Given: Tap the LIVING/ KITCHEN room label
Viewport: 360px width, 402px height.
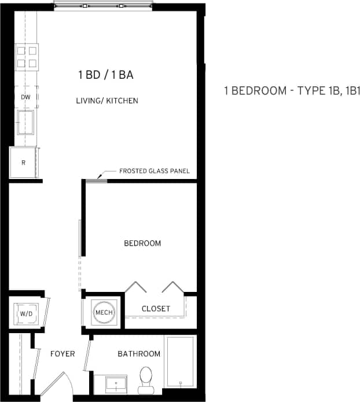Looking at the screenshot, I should [x=107, y=101].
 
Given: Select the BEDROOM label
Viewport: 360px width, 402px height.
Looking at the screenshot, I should [x=142, y=243].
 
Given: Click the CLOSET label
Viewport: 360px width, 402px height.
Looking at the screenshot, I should [x=156, y=309].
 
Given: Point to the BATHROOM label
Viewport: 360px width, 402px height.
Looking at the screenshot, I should [x=139, y=353].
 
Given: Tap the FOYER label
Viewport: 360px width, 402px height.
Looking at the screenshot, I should [x=62, y=353].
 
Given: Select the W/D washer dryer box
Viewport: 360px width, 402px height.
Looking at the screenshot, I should [x=27, y=314].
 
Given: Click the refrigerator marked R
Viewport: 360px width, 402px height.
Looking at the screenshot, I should [x=23, y=163].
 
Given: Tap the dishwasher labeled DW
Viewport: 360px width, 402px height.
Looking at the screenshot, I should [x=25, y=97].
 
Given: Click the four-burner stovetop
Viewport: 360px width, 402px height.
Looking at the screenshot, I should [x=26, y=56].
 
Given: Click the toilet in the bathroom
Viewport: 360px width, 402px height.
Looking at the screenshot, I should [x=146, y=377].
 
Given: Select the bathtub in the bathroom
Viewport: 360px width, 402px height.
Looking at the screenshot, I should [x=180, y=361].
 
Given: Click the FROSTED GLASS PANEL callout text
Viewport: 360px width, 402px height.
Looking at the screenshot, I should [x=154, y=171].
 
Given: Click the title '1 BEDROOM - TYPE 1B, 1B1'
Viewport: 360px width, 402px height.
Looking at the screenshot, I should [x=292, y=91].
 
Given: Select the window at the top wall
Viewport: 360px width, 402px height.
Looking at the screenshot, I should [x=103, y=6].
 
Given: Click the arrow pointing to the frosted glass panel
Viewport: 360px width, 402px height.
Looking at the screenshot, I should [x=102, y=176].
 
